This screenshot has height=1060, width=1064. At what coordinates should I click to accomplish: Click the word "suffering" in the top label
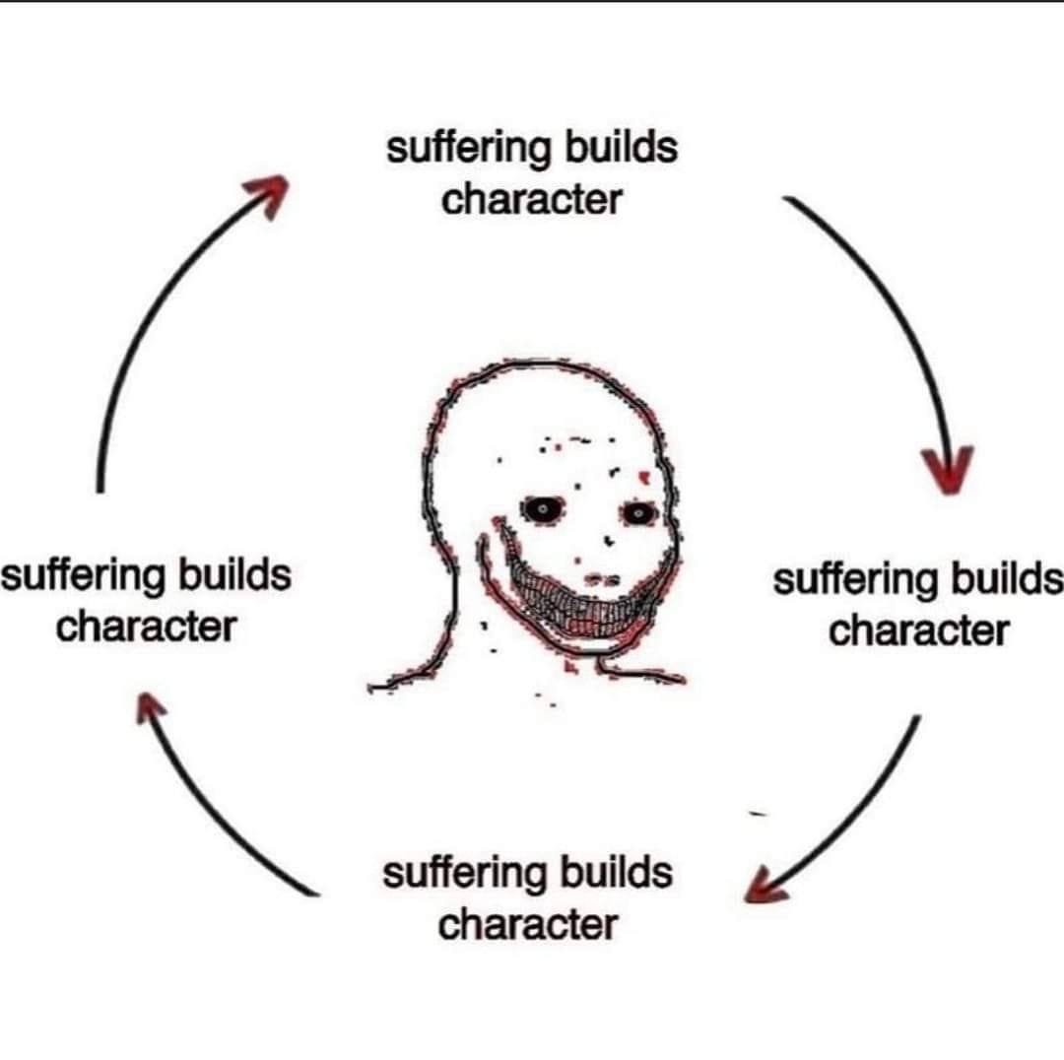point(468,149)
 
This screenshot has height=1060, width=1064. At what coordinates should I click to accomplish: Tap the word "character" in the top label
point(532,200)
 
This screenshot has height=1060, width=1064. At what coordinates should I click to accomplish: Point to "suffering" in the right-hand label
point(854,581)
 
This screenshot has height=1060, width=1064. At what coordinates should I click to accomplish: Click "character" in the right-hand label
point(919,631)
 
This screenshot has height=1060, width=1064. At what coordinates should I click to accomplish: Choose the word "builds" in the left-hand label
point(234,574)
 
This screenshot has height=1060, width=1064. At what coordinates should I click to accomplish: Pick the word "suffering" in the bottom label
point(464,874)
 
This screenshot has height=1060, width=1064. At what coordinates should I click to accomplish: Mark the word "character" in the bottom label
point(528,924)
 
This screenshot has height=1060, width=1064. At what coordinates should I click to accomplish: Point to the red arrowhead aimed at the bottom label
point(765,887)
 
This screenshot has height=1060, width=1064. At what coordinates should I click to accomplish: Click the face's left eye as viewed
point(543,509)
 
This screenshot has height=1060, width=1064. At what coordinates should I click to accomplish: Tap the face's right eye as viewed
point(637,513)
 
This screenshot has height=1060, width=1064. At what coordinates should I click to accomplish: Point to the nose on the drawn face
point(601,579)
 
